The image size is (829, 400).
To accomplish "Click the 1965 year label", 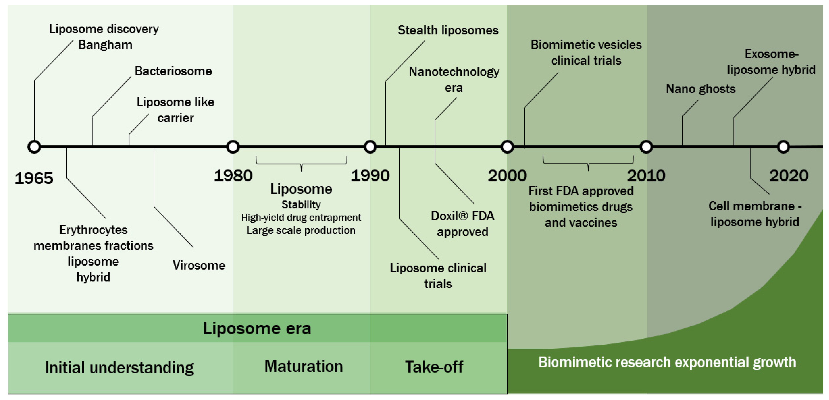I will pos(34,178).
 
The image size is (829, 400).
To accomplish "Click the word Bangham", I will pos(105,45).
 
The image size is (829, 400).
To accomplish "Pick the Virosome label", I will pos(199,265).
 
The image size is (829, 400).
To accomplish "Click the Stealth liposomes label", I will pos(448,30).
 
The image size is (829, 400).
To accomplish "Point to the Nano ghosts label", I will pos(701,89).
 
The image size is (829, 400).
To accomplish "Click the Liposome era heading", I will pos(257,328).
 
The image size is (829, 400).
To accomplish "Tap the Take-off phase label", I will pos(434,367).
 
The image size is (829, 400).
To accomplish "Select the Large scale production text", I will pos(301,230).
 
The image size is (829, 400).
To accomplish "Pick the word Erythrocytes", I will pos(93,230).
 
